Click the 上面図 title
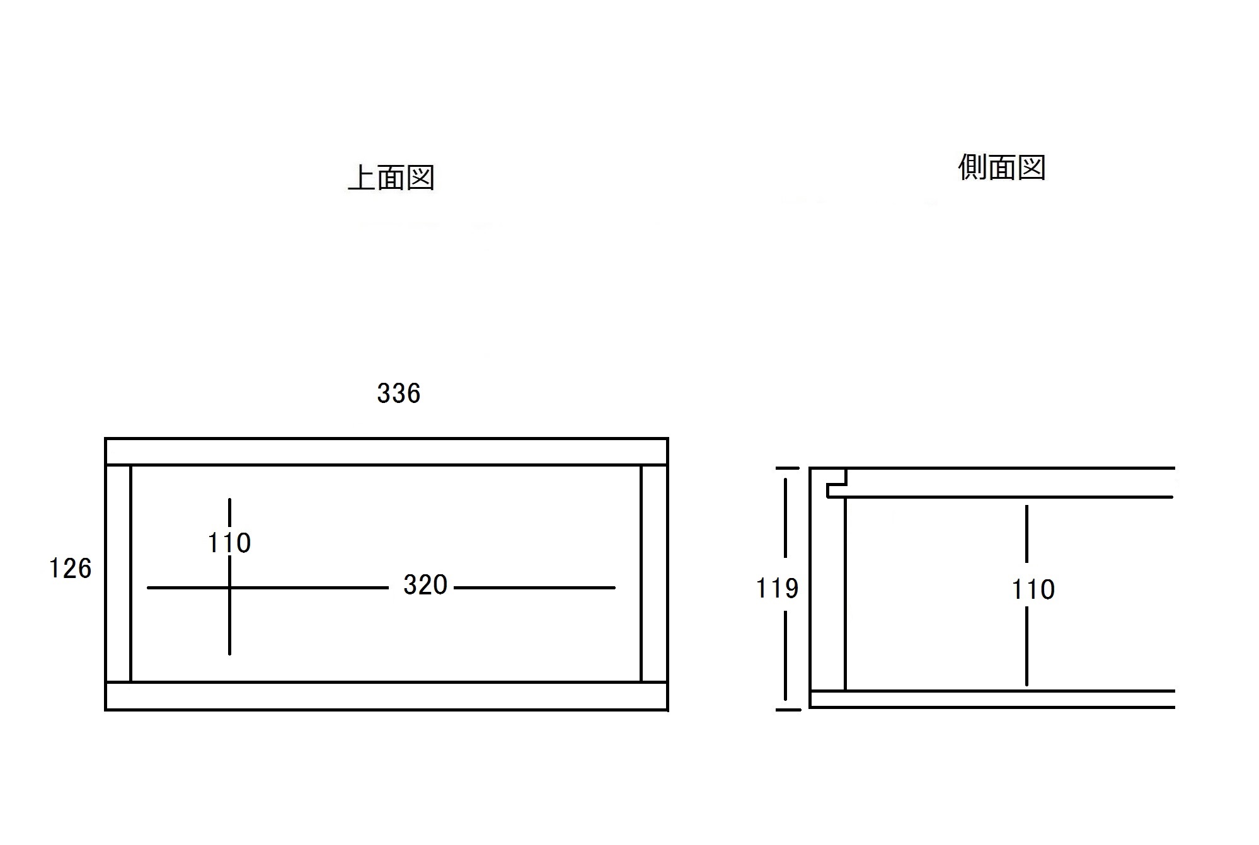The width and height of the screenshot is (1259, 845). pyautogui.click(x=391, y=178)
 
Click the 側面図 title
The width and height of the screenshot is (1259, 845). pyautogui.click(x=1002, y=167)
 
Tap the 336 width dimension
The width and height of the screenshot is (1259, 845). pyautogui.click(x=399, y=394)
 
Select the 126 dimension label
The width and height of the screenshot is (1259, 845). pyautogui.click(x=71, y=569)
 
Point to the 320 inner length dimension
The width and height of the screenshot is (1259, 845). pyautogui.click(x=425, y=585)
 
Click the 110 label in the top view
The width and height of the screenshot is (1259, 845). pyautogui.click(x=229, y=543)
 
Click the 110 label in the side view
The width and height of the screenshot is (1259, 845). pyautogui.click(x=1033, y=590)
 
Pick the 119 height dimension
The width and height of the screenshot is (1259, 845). pyautogui.click(x=777, y=589)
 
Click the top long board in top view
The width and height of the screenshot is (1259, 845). pyautogui.click(x=386, y=451)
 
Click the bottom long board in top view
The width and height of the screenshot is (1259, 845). pyautogui.click(x=386, y=696)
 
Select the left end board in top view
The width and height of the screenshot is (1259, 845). pyautogui.click(x=118, y=574)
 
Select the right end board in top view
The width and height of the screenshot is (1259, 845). pyautogui.click(x=654, y=574)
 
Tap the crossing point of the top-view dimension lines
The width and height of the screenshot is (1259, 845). pyautogui.click(x=229, y=587)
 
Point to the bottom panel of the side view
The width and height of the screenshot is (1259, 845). pyautogui.click(x=992, y=699)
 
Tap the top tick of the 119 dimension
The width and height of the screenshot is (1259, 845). pyautogui.click(x=787, y=468)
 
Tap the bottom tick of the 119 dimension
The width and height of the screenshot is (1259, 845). pyautogui.click(x=788, y=710)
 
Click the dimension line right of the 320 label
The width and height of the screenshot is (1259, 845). pyautogui.click(x=534, y=587)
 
